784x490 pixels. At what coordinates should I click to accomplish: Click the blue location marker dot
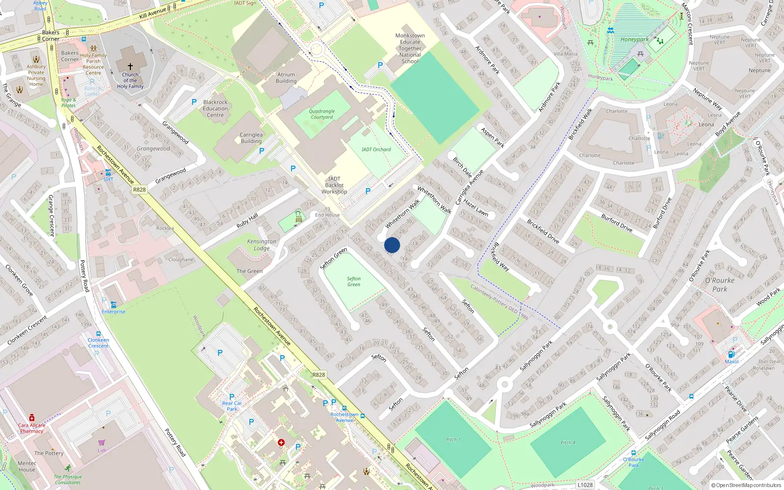point(392,245)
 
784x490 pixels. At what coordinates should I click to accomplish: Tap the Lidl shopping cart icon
point(102,442)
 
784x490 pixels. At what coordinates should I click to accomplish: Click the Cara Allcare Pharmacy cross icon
point(32,417)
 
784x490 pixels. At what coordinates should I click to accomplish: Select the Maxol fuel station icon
point(731,354)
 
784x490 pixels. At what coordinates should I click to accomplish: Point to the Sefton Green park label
point(354,281)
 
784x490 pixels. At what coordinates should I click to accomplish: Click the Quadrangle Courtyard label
point(321,114)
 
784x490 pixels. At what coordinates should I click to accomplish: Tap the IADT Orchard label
point(376,149)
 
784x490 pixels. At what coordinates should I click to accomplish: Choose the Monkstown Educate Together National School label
point(410,49)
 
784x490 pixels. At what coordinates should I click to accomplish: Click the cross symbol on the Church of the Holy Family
point(130,66)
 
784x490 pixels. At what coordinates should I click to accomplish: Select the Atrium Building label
point(286,78)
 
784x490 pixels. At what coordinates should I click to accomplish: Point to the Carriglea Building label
point(251,138)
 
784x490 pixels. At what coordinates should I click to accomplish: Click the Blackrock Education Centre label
point(215,109)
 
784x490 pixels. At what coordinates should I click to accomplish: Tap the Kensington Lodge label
point(262,245)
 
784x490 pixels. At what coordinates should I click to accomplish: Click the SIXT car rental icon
point(108,172)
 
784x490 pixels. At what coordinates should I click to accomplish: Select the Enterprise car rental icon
point(113,305)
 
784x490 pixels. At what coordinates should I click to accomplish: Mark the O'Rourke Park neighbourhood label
point(720,285)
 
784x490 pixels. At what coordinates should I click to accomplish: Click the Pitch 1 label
point(453,440)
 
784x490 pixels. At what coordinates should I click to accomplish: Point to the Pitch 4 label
point(568,442)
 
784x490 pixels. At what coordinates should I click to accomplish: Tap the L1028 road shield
point(585,485)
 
